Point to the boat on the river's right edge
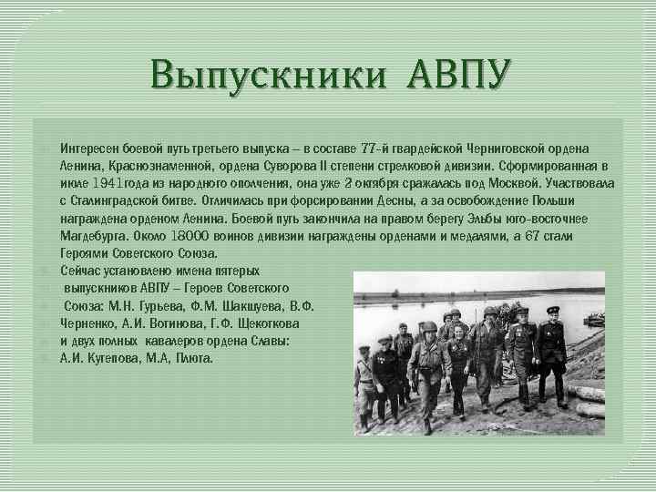[593, 319]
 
